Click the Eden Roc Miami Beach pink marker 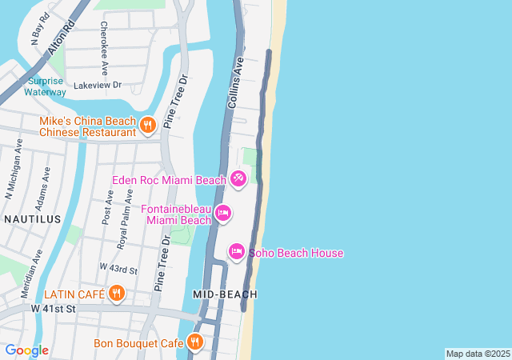[238, 178]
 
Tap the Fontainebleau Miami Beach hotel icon [223, 213]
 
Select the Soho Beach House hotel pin [237, 253]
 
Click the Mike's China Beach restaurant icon [147, 125]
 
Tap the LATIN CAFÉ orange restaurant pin [117, 294]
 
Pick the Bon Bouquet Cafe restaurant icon [195, 343]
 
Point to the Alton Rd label [56, 37]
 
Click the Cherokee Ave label [103, 38]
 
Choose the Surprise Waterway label [46, 86]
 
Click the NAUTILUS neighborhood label [32, 218]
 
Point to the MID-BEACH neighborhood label [225, 294]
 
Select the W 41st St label [53, 308]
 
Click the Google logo [26, 350]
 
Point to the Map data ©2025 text [478, 354]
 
